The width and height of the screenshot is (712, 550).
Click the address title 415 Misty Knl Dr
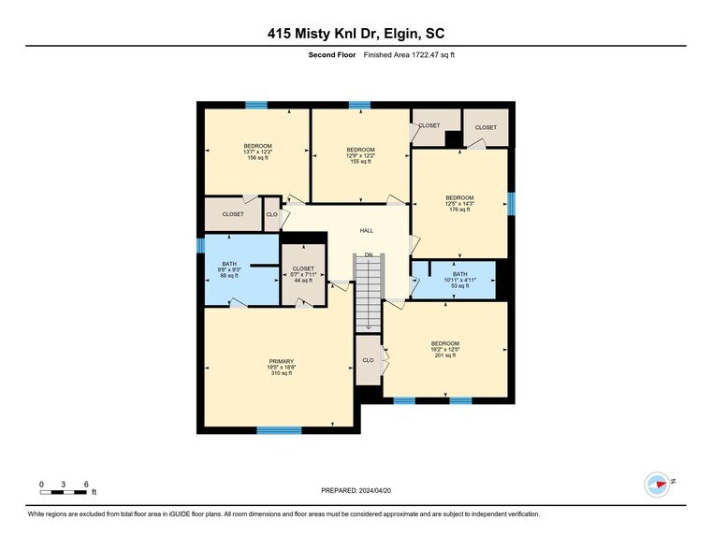356,35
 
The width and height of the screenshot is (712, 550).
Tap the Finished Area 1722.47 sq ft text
408,55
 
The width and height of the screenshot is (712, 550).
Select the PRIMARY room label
281,361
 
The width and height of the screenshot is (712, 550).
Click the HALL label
367,230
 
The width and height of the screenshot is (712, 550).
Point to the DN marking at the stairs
369,254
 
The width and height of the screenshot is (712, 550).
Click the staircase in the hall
369,295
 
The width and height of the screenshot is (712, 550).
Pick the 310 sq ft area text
281,373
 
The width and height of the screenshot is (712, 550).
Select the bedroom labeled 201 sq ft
444,349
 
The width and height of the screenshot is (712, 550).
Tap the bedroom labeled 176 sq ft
459,203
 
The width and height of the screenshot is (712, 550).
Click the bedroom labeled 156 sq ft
257,152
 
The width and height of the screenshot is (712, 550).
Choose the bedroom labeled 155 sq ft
360,155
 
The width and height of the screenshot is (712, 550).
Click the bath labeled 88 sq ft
230,269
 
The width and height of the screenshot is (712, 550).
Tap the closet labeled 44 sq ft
303,274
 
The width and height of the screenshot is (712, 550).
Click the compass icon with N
658,484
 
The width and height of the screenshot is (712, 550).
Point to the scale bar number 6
86,485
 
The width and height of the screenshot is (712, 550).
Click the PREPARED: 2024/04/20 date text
356,490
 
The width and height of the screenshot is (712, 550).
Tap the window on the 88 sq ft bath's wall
200,245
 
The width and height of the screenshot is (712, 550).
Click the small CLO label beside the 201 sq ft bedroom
368,360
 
